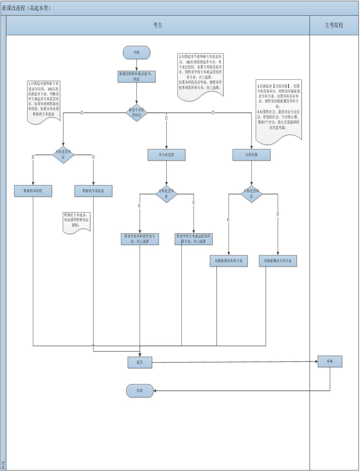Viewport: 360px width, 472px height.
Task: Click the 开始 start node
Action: [x=136, y=52]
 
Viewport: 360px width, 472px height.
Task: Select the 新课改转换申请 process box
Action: [x=136, y=76]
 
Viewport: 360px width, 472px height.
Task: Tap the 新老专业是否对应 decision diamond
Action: [x=136, y=112]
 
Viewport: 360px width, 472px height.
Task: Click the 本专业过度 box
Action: [x=166, y=155]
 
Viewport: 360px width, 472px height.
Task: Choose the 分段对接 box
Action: [x=251, y=155]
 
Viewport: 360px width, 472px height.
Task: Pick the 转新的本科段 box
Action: [x=33, y=191]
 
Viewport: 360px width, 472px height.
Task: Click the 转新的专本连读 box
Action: [x=93, y=191]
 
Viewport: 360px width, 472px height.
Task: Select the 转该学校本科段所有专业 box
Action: [x=140, y=239]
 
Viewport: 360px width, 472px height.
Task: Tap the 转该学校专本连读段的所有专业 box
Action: [x=194, y=239]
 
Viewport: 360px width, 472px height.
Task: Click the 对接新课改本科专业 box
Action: [x=228, y=261]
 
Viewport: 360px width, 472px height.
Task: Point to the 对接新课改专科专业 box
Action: [x=278, y=261]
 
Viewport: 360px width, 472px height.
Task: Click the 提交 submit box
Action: [x=140, y=362]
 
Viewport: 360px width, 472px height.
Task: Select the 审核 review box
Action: [x=330, y=361]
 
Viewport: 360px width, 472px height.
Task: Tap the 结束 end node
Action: [x=140, y=390]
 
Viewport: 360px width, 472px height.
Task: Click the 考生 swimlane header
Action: [x=158, y=25]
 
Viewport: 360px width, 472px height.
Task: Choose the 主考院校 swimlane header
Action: [x=334, y=25]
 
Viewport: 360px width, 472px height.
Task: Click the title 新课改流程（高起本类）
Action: [x=27, y=8]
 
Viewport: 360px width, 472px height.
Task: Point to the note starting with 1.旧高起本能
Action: [x=44, y=101]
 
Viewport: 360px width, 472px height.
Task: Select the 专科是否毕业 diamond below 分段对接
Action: [x=251, y=194]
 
